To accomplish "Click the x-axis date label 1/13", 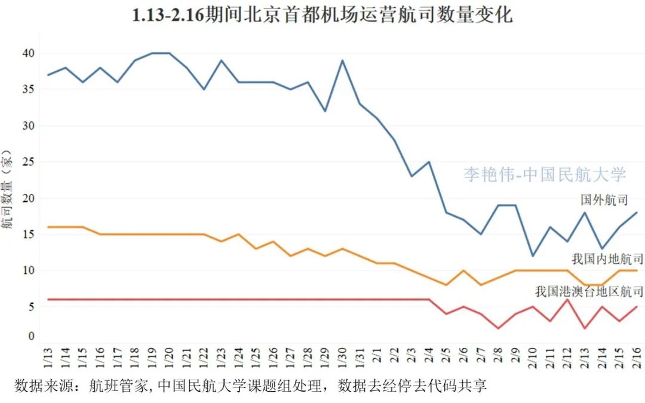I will coord(48,359).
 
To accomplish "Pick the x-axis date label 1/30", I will coord(342,359).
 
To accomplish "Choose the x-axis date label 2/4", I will coord(429,359).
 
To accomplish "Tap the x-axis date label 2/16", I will coord(637,359).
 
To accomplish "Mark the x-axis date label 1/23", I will coord(221,359).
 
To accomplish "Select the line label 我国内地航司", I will coord(607,259).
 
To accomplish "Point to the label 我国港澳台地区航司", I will coord(589,292).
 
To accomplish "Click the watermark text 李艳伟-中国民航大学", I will coord(545,175).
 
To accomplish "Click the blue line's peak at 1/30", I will coord(342,60).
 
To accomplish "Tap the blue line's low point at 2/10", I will coord(533,256).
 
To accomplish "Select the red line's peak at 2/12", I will coord(567,300).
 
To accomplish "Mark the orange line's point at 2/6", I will coord(463,270).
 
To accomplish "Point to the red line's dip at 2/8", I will coord(498,328).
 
